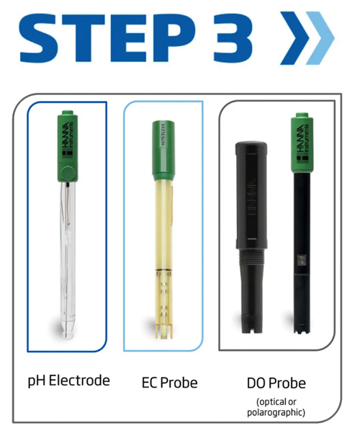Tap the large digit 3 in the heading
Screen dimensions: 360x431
[x=232, y=37]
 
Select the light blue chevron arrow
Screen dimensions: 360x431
[x=320, y=37]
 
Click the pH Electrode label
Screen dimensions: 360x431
[x=69, y=381]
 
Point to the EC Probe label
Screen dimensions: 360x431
[x=169, y=383]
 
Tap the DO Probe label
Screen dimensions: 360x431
[x=276, y=383]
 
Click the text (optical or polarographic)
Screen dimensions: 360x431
[x=276, y=407]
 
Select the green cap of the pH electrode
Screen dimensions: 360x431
[x=68, y=146]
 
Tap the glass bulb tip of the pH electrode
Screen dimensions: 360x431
[x=68, y=332]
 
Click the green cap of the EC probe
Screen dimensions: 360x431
[x=163, y=151]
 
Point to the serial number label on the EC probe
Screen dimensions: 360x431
[x=163, y=135]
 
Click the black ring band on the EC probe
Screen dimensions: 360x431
[x=164, y=270]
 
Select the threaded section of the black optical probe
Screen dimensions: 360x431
[x=251, y=257]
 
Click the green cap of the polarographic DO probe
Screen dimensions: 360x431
[x=302, y=143]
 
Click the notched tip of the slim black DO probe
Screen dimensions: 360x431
[x=302, y=329]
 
